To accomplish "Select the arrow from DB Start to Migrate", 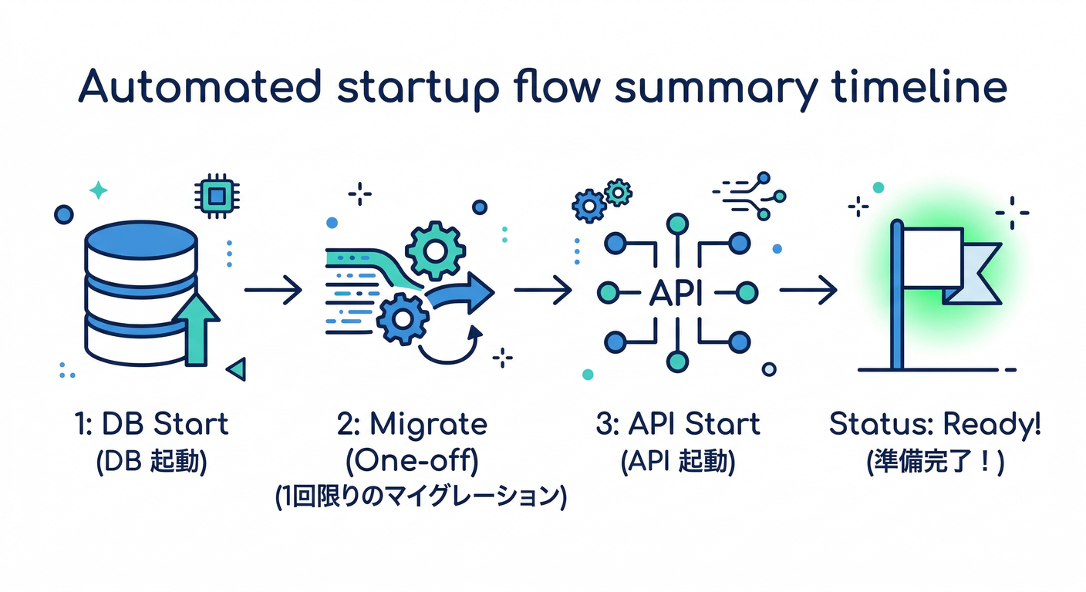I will point(273,291).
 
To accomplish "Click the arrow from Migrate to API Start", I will point(542,291).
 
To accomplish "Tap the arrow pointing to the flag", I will point(808,291).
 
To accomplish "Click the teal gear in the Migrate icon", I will point(434,249).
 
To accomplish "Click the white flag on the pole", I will point(933,258).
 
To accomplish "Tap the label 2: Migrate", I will point(412,425).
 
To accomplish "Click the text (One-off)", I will point(412,462).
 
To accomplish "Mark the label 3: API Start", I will point(677,425).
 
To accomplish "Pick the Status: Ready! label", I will point(934,425).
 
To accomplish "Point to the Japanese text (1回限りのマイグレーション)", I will point(421,497).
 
